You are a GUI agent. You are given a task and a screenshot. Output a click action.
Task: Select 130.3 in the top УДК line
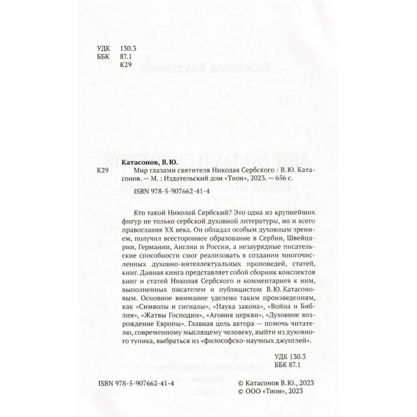click(128, 47)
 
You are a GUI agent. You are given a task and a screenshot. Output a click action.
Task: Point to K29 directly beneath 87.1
click(127, 65)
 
